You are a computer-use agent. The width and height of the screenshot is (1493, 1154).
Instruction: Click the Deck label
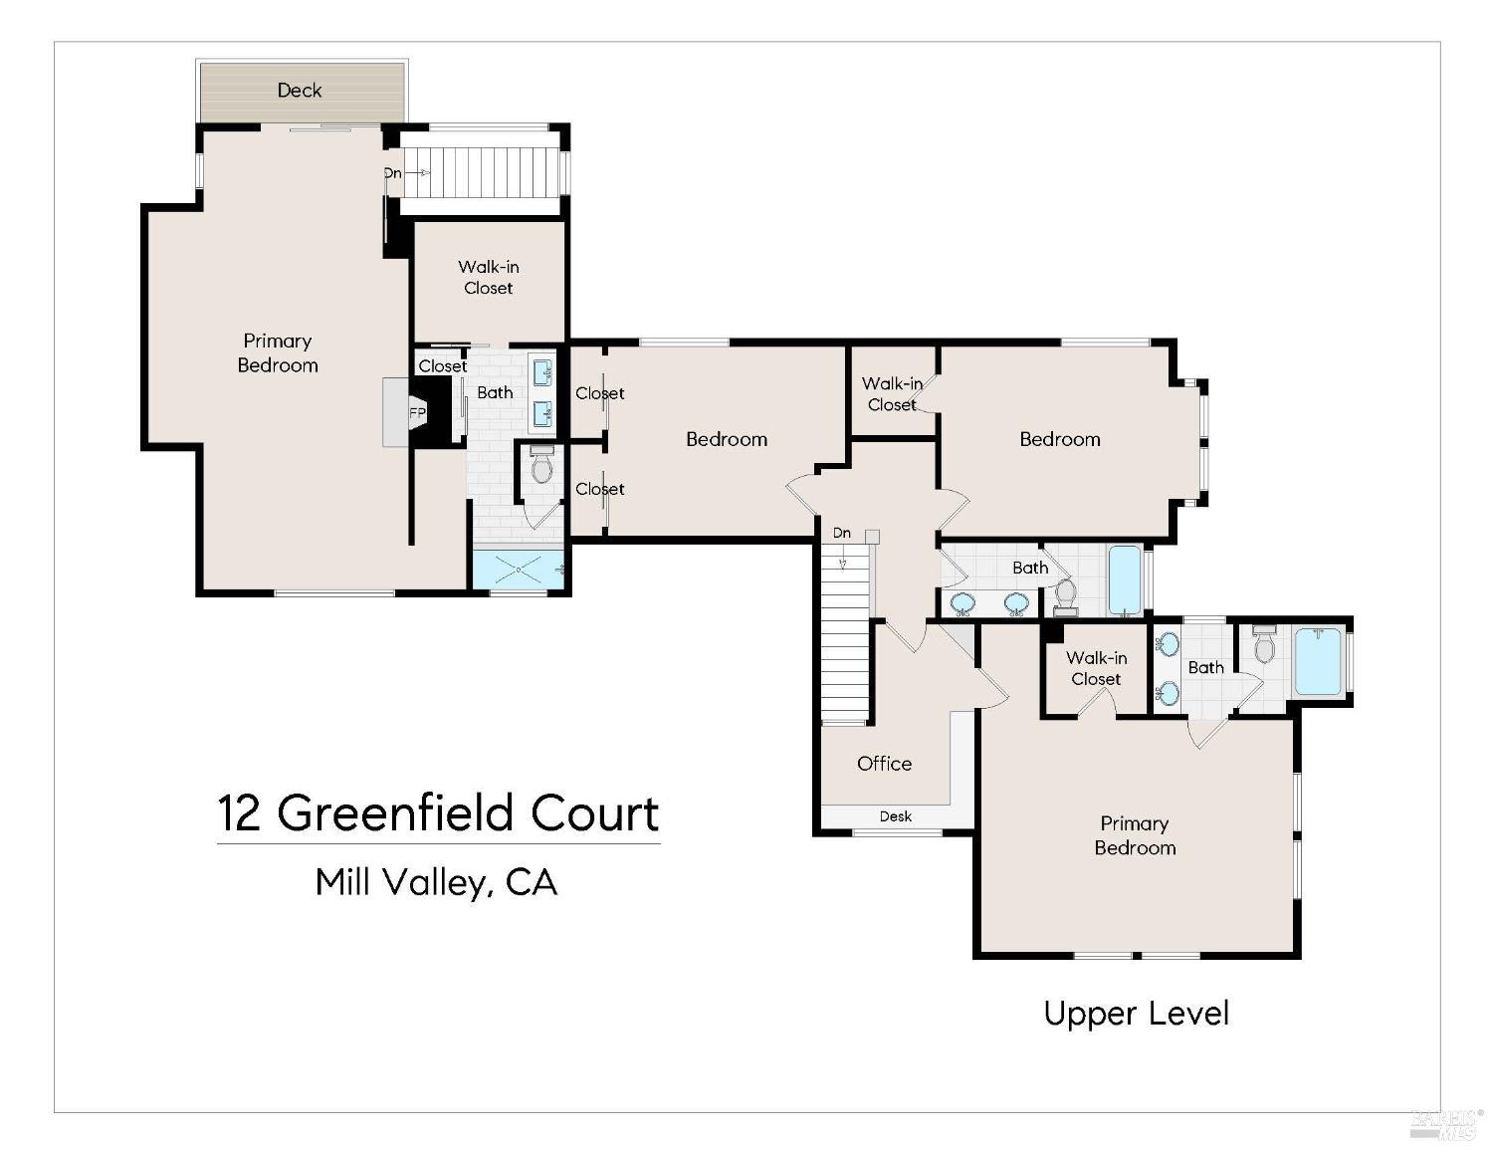click(x=299, y=90)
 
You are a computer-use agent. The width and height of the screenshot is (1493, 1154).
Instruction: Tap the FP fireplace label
click(x=417, y=413)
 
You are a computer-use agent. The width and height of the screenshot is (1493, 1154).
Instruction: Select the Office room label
click(x=884, y=764)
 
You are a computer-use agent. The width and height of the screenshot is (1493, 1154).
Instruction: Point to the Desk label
click(x=895, y=816)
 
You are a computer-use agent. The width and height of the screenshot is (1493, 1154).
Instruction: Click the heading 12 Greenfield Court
click(x=438, y=813)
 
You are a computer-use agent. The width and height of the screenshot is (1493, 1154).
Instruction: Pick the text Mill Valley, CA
click(x=436, y=882)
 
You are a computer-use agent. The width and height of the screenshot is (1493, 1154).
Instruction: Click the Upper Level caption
click(x=1137, y=1014)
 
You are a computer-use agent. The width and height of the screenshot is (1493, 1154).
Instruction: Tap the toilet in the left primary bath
click(x=542, y=465)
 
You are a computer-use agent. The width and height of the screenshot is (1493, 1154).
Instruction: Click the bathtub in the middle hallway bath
click(x=1125, y=579)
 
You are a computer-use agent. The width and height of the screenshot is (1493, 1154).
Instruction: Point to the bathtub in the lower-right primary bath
click(x=1318, y=661)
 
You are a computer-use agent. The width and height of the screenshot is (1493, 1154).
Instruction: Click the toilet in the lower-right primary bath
click(x=1264, y=644)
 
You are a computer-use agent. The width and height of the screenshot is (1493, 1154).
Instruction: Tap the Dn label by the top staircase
click(x=392, y=173)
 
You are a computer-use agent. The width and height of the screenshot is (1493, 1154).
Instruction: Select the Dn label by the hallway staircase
click(x=842, y=533)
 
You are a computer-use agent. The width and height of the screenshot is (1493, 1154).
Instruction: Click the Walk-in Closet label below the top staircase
click(x=489, y=277)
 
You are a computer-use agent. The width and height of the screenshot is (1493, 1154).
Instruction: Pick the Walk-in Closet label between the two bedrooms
click(x=892, y=394)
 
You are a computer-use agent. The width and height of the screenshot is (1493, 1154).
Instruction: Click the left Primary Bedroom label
click(x=278, y=352)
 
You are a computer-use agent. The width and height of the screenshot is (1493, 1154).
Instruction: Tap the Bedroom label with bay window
click(x=1059, y=439)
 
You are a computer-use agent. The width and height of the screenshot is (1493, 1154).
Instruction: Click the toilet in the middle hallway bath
click(x=1066, y=596)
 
